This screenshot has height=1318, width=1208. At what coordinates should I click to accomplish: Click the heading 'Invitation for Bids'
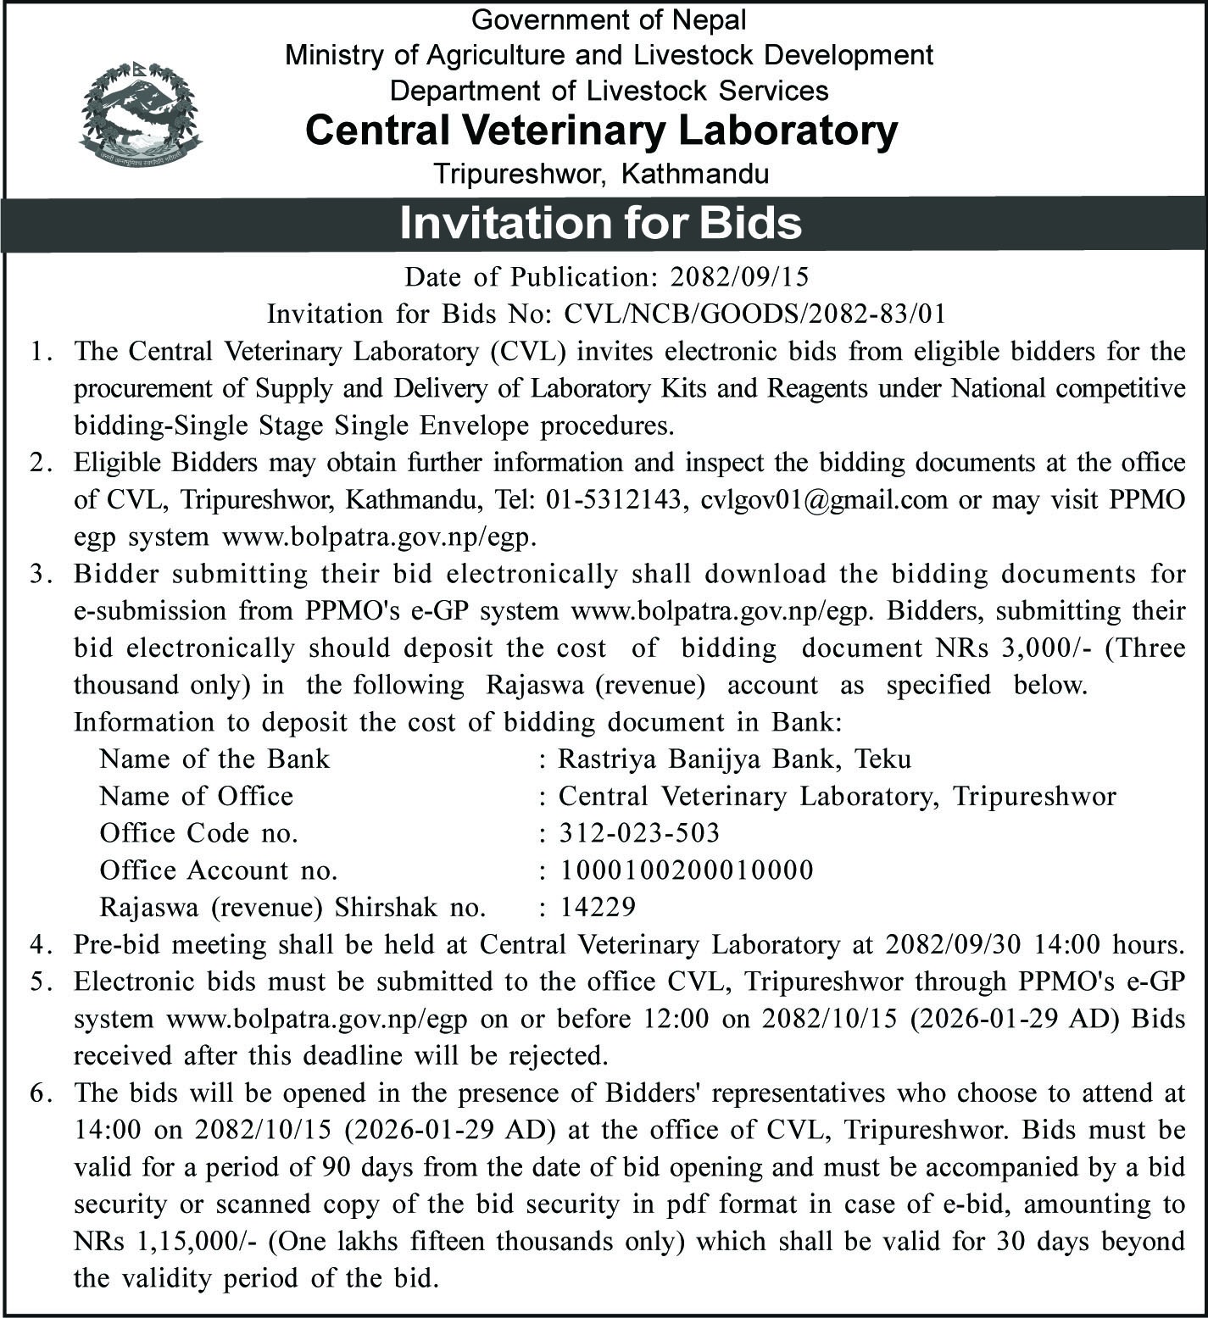coord(600,223)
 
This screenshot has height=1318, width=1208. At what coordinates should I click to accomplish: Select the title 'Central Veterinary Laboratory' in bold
coord(601,131)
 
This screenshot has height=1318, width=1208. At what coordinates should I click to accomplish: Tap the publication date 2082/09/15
coord(739,277)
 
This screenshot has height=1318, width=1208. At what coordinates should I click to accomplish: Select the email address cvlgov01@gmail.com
coord(824,499)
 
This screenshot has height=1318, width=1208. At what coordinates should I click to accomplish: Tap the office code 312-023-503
coord(639,832)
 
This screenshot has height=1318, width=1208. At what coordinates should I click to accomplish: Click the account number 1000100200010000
coord(686,870)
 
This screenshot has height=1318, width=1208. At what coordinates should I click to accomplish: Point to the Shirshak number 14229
coord(597,907)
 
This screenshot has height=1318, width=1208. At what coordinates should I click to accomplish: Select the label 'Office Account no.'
coord(219,870)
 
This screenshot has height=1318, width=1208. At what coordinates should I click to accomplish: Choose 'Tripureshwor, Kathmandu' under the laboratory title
coord(601,174)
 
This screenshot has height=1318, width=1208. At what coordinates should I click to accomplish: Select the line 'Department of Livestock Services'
coord(609,90)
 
